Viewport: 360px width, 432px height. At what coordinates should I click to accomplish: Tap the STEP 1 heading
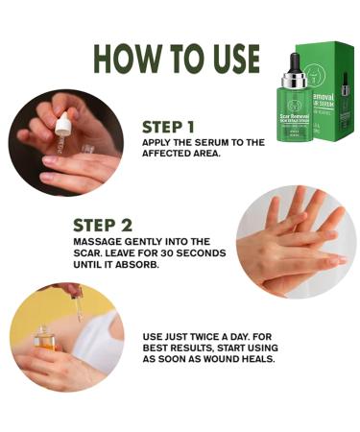pyautogui.click(x=168, y=125)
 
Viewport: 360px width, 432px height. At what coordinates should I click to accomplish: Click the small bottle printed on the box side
pyautogui.click(x=345, y=97)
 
